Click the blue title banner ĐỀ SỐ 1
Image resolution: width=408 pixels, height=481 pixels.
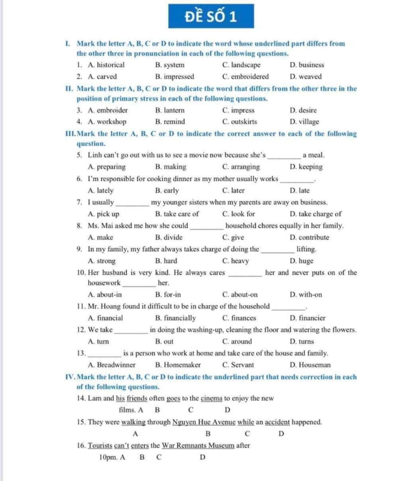coord(211,16)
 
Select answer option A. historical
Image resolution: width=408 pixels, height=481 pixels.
coord(106,65)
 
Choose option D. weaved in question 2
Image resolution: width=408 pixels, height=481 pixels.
coord(306,76)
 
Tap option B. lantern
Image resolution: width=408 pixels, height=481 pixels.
coord(170,110)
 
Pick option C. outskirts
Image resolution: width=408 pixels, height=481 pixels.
coord(239,122)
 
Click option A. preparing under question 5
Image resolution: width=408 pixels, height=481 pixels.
coord(107,167)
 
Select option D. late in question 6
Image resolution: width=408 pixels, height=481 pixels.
coord(300,190)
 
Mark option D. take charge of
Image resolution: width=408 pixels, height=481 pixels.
coord(316,214)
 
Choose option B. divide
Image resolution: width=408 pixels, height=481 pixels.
coord(169,237)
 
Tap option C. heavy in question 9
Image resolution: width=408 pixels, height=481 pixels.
coord(235,261)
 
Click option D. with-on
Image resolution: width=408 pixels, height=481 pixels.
coord(306,295)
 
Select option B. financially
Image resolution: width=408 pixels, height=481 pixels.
coord(175,318)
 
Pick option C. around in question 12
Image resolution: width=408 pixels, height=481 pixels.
coord(237,341)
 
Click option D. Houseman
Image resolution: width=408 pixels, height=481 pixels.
coord(310,365)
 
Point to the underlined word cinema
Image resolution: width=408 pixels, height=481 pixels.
coord(211,398)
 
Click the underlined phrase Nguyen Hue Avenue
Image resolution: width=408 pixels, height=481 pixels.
coord(204,422)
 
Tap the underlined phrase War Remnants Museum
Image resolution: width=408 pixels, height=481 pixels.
coord(198,446)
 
